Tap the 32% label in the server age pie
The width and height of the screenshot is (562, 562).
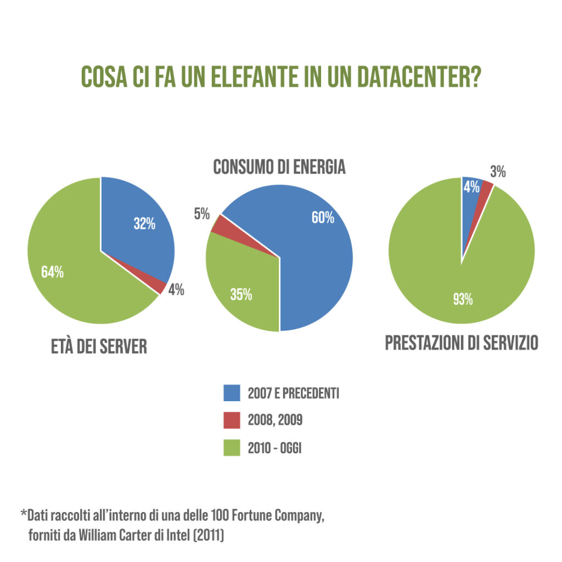tap(144, 224)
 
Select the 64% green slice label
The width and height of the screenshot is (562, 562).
tap(53, 272)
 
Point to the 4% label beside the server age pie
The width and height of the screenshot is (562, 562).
tap(176, 291)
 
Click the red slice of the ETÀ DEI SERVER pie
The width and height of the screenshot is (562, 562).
tap(159, 286)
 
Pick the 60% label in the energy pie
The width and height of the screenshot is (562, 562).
tap(323, 218)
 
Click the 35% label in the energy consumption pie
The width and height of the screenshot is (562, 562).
tap(241, 295)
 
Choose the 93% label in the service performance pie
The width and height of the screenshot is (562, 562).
tap(463, 300)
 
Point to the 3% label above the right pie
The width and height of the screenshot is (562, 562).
tap(498, 172)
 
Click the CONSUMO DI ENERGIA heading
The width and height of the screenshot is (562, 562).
tap(279, 167)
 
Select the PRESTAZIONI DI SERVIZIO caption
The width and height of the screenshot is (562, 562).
tap(462, 344)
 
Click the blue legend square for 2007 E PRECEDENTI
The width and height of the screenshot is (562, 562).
tap(232, 393)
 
